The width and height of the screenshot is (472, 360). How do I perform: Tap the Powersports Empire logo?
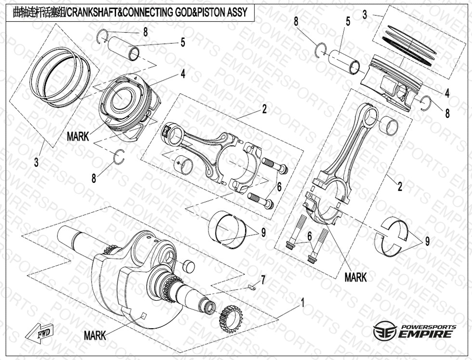415,331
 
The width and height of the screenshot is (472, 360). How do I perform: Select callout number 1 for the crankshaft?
302,303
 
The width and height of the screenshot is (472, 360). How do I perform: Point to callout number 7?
263,280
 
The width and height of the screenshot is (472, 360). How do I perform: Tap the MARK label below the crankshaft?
94,335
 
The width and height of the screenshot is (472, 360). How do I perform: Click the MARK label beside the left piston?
78,136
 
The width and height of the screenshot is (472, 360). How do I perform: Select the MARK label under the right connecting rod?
355,277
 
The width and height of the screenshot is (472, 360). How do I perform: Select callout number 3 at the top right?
365,14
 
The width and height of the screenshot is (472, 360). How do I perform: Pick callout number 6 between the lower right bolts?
310,236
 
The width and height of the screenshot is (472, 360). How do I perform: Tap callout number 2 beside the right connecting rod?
400,186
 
